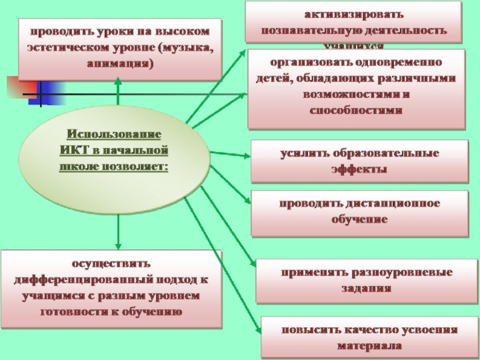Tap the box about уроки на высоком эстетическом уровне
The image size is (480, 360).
coord(119,48)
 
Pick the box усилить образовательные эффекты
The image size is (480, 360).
coord(359,161)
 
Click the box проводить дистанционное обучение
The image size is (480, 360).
coord(359,212)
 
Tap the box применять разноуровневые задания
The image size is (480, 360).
coord(363,280)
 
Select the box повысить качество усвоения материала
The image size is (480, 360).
coord(368,338)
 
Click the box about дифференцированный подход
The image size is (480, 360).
coord(111,288)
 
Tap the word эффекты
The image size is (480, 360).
coord(359,169)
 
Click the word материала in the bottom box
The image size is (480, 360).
coord(368,346)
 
